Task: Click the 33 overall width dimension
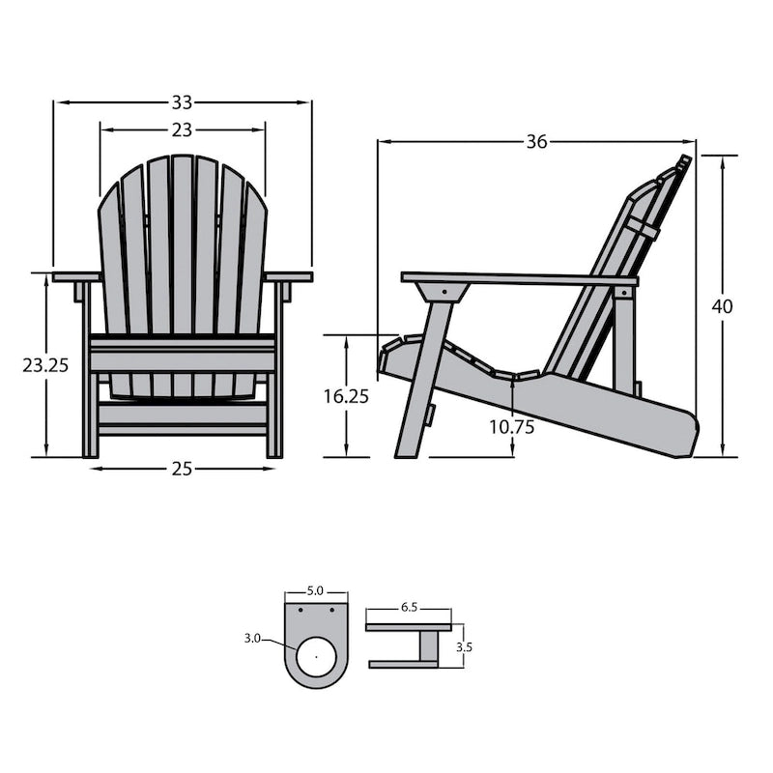(x=183, y=101)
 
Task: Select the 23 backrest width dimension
(x=183, y=129)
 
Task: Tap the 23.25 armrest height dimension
(x=45, y=365)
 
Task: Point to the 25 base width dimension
(x=183, y=469)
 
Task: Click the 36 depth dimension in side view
(x=536, y=142)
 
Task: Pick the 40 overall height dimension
(x=722, y=306)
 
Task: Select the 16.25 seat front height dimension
(x=347, y=396)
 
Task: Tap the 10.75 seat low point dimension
(x=511, y=426)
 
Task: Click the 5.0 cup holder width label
(x=316, y=589)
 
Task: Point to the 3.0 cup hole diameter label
(x=253, y=638)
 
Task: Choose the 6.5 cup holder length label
(x=408, y=609)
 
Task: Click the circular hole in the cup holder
(x=316, y=658)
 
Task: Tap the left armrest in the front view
(x=76, y=277)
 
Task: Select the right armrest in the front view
(x=289, y=277)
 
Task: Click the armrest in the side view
(x=522, y=279)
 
